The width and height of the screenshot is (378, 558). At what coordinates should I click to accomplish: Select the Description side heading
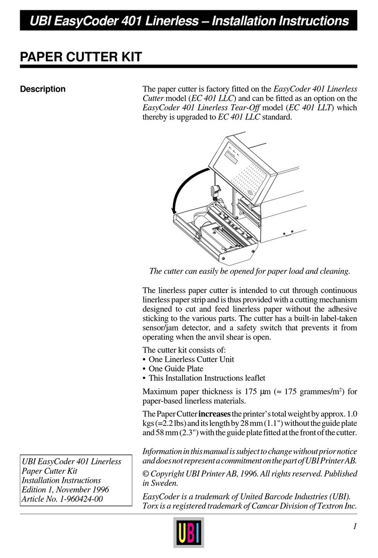tap(43, 89)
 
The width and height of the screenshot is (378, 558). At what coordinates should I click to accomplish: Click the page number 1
tap(355, 526)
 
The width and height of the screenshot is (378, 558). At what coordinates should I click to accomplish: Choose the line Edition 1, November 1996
tap(66, 489)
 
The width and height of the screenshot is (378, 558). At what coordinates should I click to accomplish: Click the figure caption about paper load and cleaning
tap(249, 271)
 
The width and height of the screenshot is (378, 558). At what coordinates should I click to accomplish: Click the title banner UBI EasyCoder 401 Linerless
tap(189, 21)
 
